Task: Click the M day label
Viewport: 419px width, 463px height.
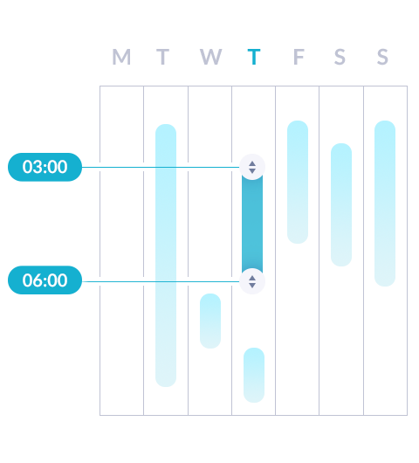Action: pyautogui.click(x=121, y=57)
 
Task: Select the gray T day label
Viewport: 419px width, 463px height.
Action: pyautogui.click(x=162, y=57)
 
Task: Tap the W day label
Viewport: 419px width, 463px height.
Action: pyautogui.click(x=210, y=57)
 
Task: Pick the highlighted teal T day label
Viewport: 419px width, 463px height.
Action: pyautogui.click(x=254, y=57)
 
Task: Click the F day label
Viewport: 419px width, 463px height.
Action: pyautogui.click(x=299, y=57)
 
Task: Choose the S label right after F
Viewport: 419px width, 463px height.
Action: pyautogui.click(x=340, y=57)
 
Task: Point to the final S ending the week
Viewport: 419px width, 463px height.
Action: pyautogui.click(x=382, y=57)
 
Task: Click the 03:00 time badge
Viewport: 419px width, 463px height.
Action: pyautogui.click(x=45, y=167)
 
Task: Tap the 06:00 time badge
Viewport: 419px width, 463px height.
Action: pyautogui.click(x=45, y=280)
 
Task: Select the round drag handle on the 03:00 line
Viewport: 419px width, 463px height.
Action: pyautogui.click(x=252, y=167)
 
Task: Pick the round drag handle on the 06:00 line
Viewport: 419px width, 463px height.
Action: pyautogui.click(x=252, y=281)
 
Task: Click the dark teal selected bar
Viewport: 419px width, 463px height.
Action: pyautogui.click(x=252, y=224)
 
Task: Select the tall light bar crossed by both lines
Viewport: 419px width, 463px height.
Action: pyautogui.click(x=166, y=255)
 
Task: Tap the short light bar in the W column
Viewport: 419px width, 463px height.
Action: pyautogui.click(x=210, y=321)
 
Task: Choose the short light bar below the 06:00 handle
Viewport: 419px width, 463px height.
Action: pyautogui.click(x=254, y=375)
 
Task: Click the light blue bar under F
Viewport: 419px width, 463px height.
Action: pyautogui.click(x=298, y=182)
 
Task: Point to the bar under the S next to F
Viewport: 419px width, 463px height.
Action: pyautogui.click(x=341, y=204)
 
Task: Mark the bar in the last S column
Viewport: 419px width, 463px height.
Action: pyautogui.click(x=385, y=204)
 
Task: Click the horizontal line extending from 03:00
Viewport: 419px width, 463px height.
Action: pyautogui.click(x=161, y=167)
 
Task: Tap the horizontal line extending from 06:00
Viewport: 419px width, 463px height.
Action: pyautogui.click(x=161, y=281)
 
